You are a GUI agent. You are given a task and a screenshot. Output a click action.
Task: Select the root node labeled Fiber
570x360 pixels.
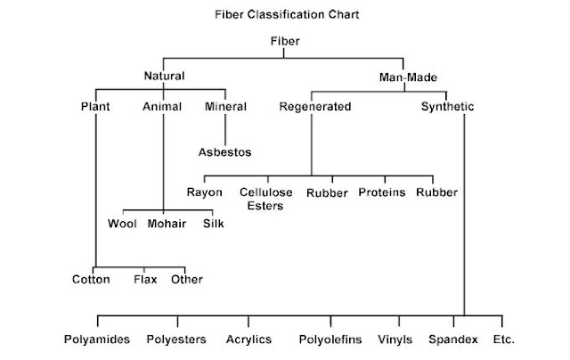[285, 42]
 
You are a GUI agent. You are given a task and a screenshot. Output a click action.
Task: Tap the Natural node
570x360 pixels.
[164, 76]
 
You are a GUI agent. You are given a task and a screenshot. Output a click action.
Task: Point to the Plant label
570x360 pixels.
[95, 107]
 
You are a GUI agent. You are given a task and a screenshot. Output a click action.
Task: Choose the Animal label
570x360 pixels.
[162, 107]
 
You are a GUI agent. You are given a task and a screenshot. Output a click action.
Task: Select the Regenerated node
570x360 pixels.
[314, 107]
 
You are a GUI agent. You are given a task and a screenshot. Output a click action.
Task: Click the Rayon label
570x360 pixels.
[204, 192]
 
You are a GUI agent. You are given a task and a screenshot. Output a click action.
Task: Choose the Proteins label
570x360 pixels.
[382, 192]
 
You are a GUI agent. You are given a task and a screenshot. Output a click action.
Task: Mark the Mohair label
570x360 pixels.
[167, 223]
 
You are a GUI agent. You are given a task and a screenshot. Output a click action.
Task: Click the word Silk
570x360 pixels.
[214, 223]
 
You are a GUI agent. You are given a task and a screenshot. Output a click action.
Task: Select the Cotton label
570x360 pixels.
[92, 280]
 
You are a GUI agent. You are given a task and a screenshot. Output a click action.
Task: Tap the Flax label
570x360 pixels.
[145, 280]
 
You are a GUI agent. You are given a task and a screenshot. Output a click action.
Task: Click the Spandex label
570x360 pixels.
[452, 340]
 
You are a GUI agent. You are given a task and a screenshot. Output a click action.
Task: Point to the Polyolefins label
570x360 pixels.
[330, 340]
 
